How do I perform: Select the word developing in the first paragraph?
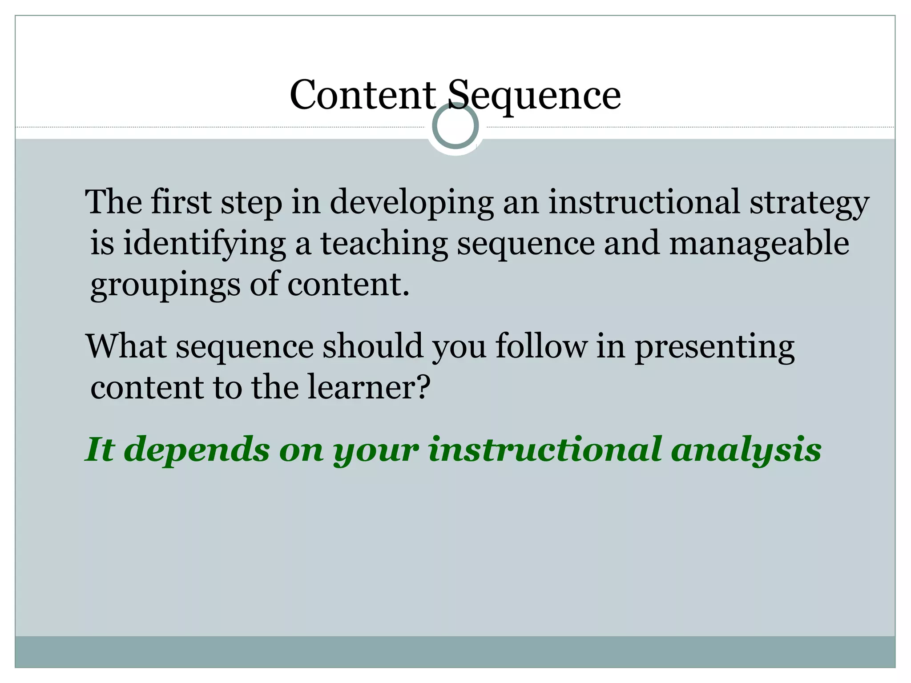411,202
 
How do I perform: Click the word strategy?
809,202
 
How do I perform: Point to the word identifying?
204,244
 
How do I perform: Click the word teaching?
384,244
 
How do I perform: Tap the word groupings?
165,285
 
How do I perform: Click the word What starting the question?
126,346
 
